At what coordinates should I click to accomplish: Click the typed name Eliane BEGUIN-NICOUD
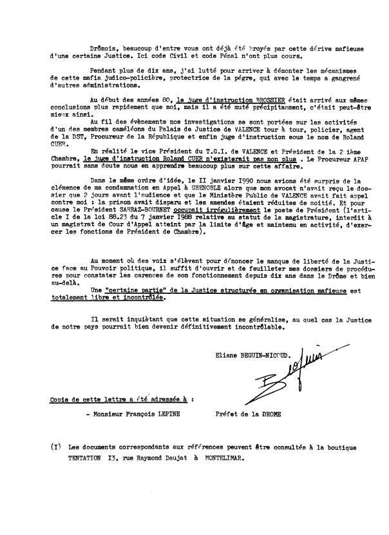pyautogui.click(x=253, y=354)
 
